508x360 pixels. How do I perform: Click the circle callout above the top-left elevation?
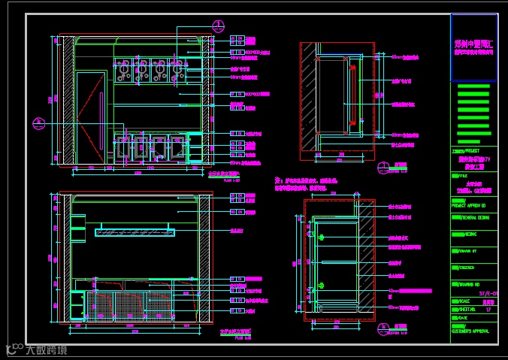tap(217, 24)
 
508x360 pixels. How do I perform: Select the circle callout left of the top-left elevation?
tap(38, 123)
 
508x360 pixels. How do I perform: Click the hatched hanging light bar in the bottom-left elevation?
tap(134, 232)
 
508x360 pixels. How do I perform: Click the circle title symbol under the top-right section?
tap(385, 166)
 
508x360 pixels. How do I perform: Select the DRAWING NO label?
tap(470, 284)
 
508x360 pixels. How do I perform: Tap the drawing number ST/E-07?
tap(488, 292)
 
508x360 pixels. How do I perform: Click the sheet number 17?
tap(489, 309)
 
